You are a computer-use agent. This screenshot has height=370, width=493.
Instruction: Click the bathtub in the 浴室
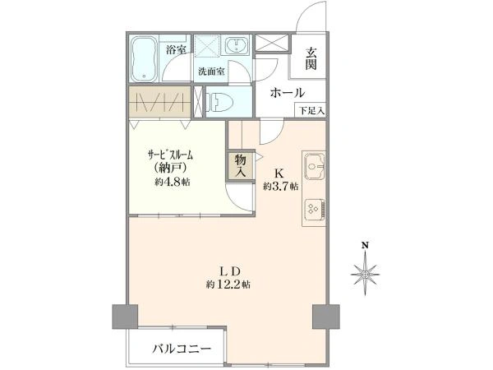click(144, 59)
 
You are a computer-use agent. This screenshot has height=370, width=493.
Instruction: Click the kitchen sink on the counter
click(314, 165)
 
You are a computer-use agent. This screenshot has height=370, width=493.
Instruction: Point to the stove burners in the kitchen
click(315, 209)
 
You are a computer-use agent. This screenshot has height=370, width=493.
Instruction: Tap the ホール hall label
click(288, 93)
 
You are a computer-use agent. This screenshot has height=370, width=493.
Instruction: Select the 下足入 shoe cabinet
click(311, 110)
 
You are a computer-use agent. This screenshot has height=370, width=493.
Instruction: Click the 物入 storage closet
click(241, 165)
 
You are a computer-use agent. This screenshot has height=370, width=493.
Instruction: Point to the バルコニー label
click(182, 349)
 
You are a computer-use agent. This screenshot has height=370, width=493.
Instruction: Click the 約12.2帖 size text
click(228, 285)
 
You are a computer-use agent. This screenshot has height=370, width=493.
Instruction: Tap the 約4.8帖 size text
click(173, 182)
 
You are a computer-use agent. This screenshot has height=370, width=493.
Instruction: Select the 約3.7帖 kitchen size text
click(281, 187)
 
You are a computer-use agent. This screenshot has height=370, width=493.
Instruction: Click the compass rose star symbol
click(365, 275)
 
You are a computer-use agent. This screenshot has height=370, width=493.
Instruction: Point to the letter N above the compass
click(365, 245)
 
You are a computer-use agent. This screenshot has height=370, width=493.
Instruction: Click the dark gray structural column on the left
click(125, 317)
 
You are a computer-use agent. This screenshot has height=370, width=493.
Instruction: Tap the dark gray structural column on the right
click(325, 317)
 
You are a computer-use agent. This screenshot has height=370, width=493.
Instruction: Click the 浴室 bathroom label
click(176, 49)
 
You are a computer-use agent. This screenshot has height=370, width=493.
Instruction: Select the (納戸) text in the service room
click(171, 168)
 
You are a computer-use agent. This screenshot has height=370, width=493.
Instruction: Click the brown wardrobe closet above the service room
click(160, 101)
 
